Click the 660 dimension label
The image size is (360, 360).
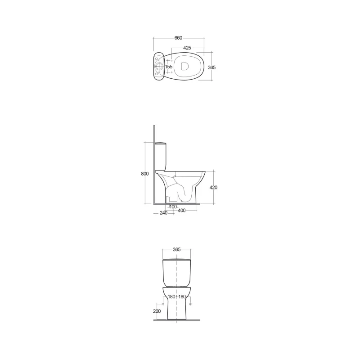tap(178, 38)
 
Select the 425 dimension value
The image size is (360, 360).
tap(187, 48)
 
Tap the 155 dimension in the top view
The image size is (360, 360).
tap(169, 67)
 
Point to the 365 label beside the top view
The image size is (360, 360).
tap(211, 67)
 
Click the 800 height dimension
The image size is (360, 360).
tap(144, 174)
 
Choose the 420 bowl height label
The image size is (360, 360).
tap(213, 187)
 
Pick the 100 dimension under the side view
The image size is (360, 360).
tap(173, 207)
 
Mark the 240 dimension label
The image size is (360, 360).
tap(163, 213)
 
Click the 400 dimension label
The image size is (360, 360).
tap(182, 211)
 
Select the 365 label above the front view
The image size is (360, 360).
tap(176, 249)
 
